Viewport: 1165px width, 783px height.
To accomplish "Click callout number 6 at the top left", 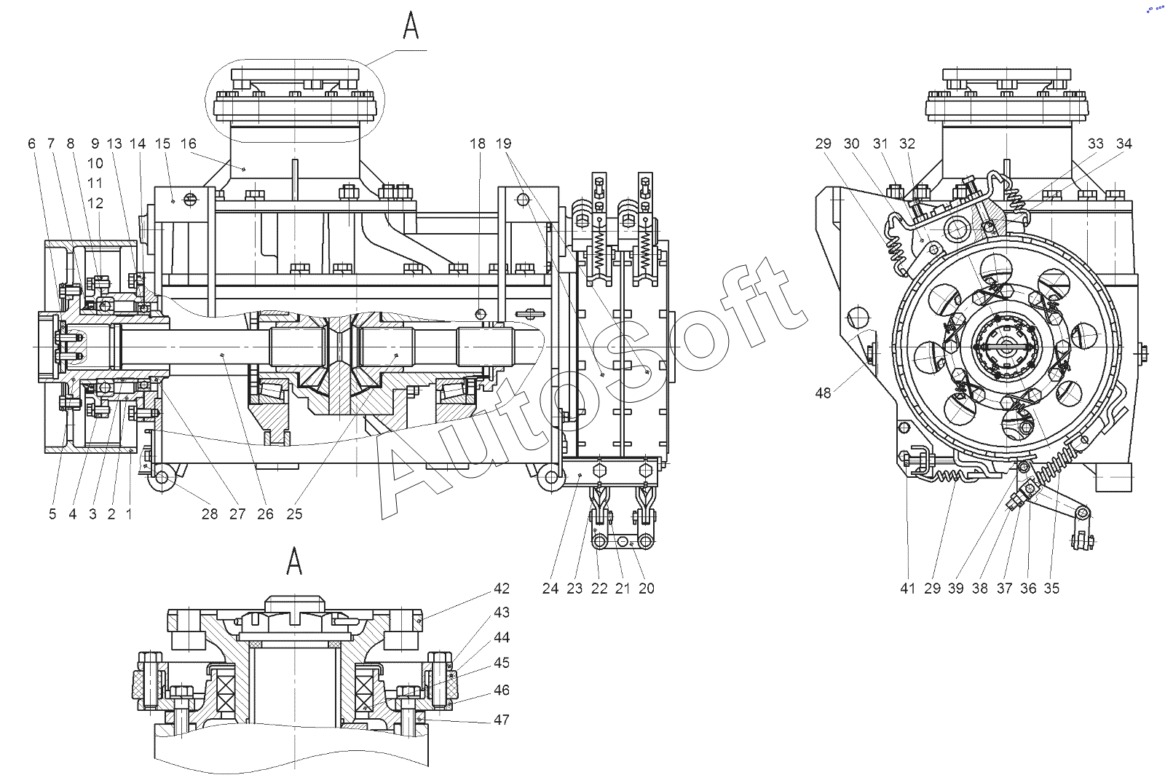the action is [32, 143].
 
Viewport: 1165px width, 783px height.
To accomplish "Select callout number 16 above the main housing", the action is [189, 143].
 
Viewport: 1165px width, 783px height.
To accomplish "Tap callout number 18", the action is [478, 143].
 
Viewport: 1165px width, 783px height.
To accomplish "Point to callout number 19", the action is [503, 143].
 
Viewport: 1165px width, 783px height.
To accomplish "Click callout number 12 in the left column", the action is [95, 203].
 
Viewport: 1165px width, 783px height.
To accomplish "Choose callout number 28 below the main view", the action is [210, 514].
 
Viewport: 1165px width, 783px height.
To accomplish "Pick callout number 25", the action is [294, 514].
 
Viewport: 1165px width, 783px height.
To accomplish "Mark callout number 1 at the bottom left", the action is [129, 514].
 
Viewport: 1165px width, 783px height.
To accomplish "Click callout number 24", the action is [550, 589].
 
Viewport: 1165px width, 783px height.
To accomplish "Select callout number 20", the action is [647, 589].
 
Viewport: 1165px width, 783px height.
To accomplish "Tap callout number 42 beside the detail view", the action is [502, 589].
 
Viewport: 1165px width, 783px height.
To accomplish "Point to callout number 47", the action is [502, 720].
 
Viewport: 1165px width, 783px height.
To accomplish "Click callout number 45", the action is [502, 663].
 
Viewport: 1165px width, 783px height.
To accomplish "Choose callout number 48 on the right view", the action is [824, 393].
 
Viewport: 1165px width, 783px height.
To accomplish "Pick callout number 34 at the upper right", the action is [1124, 143].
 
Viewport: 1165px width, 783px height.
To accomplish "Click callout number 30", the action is [852, 143].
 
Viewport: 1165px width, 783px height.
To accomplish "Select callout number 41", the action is [907, 589].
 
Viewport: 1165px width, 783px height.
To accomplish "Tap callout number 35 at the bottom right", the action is [1051, 589].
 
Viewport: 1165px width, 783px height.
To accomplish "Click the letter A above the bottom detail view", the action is [294, 561].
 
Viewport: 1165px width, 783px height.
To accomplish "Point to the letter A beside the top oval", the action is [411, 26].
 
